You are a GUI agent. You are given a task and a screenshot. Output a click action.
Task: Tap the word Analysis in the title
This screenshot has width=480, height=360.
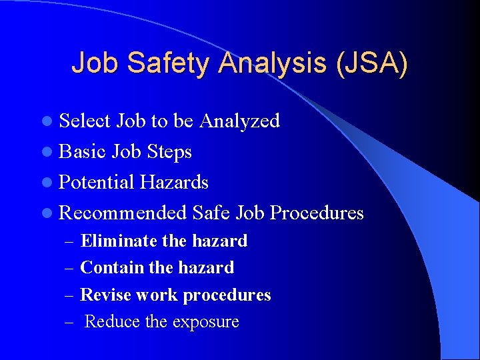pyautogui.click(x=275, y=63)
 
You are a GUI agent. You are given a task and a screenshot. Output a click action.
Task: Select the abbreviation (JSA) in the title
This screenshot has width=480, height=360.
pyautogui.click(x=373, y=63)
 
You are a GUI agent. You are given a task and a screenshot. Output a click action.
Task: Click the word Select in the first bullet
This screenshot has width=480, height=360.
pyautogui.click(x=85, y=121)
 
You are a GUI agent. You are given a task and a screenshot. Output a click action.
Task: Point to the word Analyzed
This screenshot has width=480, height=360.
pyautogui.click(x=239, y=121)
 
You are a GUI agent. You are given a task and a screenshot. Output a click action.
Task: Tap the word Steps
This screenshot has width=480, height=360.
pyautogui.click(x=169, y=152)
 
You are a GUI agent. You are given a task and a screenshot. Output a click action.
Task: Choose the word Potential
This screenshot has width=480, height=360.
pyautogui.click(x=97, y=182)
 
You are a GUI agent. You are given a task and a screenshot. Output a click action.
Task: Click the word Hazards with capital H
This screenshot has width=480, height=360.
pyautogui.click(x=174, y=182)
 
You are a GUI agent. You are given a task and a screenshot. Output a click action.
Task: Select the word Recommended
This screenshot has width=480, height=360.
pyautogui.click(x=123, y=213)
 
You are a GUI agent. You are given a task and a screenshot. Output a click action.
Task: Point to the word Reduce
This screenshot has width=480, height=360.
pyautogui.click(x=113, y=321)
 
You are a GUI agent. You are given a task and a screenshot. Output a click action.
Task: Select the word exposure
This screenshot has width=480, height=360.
pyautogui.click(x=205, y=322)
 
